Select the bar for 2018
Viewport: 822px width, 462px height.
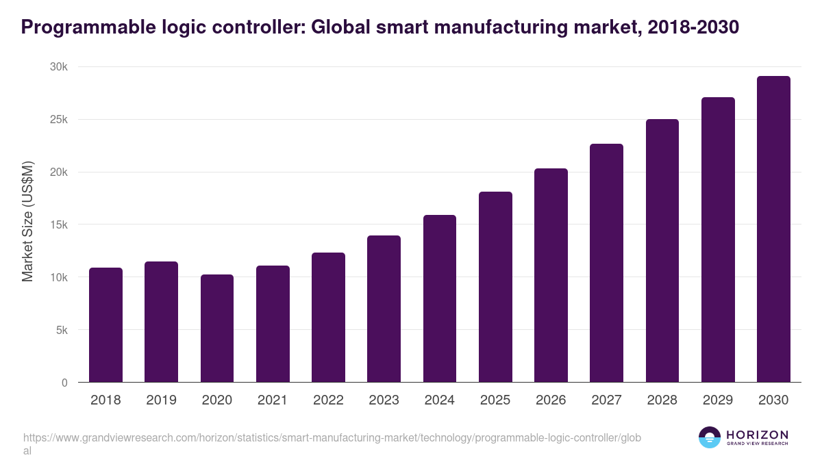(x=105, y=325)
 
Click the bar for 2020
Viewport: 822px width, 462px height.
(x=217, y=329)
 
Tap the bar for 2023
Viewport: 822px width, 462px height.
(x=384, y=309)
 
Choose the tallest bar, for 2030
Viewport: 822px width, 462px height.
(x=773, y=229)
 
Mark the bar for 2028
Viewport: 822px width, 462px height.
(x=662, y=251)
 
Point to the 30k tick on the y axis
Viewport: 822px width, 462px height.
(x=58, y=67)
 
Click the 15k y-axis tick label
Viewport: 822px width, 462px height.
(x=58, y=224)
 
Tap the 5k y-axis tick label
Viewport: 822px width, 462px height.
(x=61, y=330)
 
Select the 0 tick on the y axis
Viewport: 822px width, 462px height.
(x=64, y=383)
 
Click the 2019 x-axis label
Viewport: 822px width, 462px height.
(x=161, y=400)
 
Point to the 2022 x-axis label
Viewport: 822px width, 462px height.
(x=328, y=400)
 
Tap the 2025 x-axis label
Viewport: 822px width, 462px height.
(x=495, y=400)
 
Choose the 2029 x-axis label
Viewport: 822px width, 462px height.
(x=718, y=400)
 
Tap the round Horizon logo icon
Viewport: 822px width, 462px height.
(x=710, y=437)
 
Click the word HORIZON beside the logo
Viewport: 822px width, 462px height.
(x=757, y=435)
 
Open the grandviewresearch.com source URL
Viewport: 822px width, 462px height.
(x=332, y=437)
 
